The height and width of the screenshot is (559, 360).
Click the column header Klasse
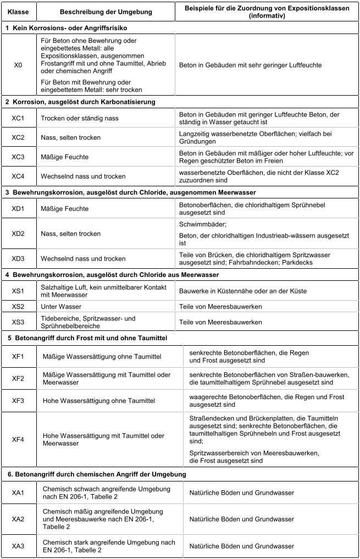(x=18, y=11)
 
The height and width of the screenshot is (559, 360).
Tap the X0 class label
(x=18, y=65)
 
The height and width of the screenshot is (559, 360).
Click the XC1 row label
(x=18, y=118)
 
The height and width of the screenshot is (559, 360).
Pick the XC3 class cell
(x=18, y=157)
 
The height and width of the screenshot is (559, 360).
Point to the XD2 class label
(x=18, y=234)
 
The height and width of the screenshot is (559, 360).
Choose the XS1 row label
(x=18, y=290)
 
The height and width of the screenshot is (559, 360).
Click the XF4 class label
(x=18, y=439)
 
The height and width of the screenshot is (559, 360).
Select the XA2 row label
(x=18, y=519)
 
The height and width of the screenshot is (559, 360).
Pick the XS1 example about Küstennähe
(x=251, y=290)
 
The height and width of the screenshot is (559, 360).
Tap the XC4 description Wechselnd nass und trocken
(x=83, y=176)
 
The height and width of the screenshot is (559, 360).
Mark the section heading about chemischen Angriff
(x=96, y=474)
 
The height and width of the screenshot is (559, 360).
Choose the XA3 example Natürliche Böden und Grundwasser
(x=242, y=546)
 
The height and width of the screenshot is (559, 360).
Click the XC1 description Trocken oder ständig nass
(x=80, y=118)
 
